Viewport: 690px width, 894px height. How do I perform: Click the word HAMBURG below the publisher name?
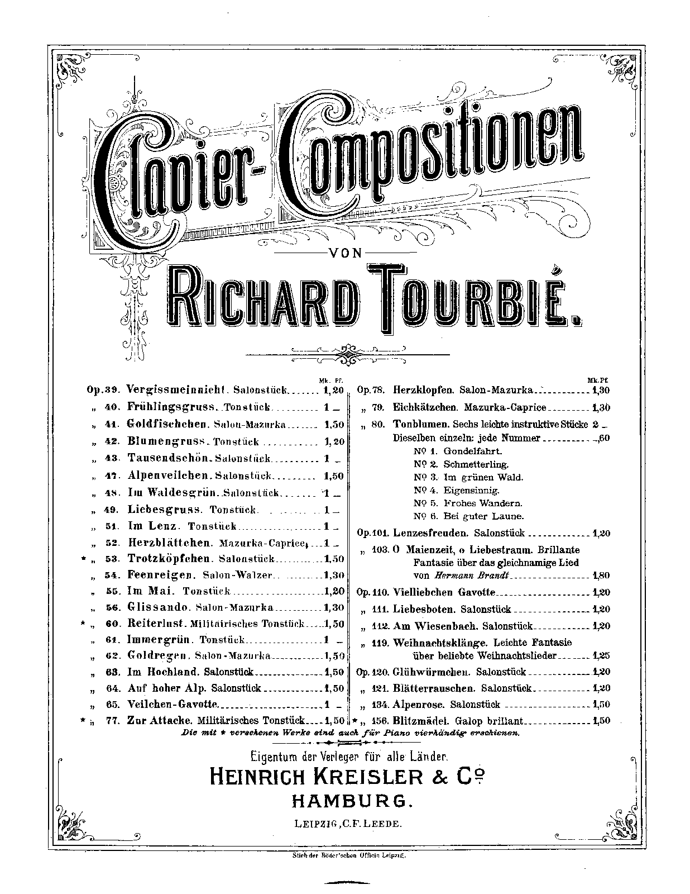pos(352,801)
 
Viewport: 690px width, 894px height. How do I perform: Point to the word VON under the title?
pos(346,253)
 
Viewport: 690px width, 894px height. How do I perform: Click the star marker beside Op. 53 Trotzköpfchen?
pos(83,559)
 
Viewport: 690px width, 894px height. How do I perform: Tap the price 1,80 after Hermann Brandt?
pos(601,576)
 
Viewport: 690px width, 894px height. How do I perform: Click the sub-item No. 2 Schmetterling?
pos(461,464)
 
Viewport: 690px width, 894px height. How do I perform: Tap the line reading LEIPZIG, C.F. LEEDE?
pos(347,823)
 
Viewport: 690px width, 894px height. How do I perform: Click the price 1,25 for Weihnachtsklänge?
pos(601,655)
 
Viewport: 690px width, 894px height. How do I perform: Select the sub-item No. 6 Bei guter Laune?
pos(469,516)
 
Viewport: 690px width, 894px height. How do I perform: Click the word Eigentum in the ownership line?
pos(276,757)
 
